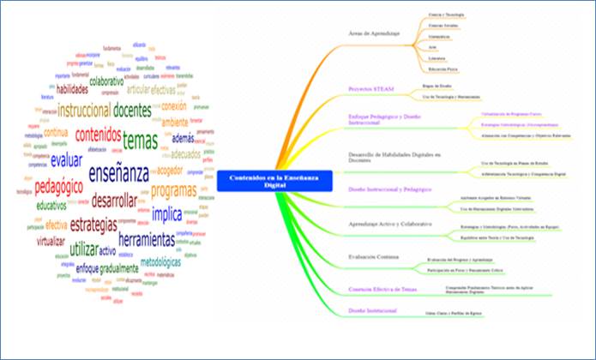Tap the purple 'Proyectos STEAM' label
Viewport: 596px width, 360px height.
(369, 87)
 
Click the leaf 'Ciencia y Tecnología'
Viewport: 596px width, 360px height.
(447, 15)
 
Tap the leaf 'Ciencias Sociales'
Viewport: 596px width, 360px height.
(443, 26)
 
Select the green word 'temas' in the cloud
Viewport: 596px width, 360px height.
(140, 139)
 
